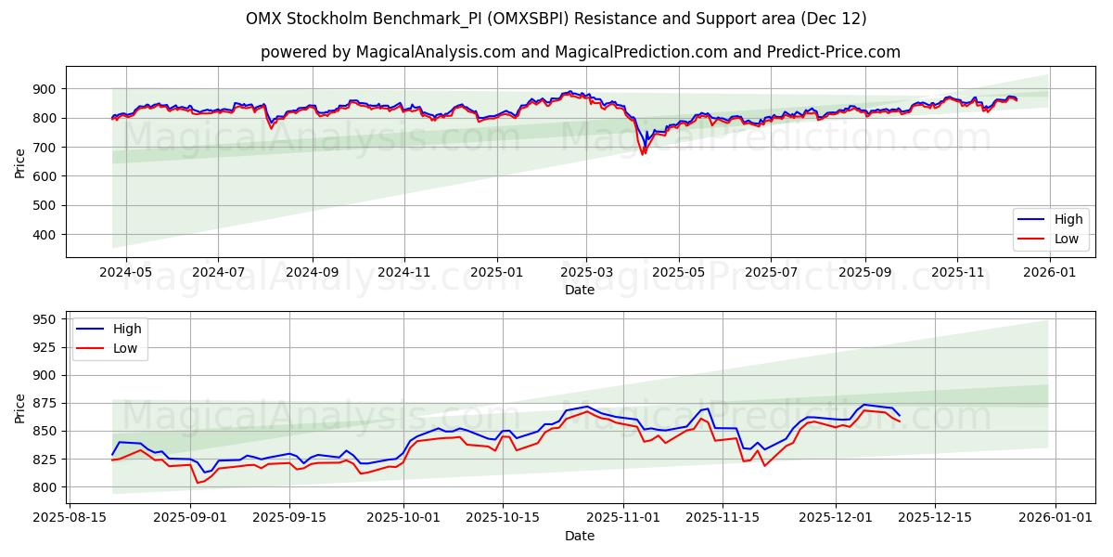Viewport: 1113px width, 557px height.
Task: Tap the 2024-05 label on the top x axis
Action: (124, 273)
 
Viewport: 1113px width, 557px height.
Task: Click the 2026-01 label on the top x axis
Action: (1049, 273)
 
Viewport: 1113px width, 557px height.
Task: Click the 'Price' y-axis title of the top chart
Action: (20, 162)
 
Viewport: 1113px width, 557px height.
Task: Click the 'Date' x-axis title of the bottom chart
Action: (580, 536)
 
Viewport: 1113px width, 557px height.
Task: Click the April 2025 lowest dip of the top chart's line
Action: (642, 154)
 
